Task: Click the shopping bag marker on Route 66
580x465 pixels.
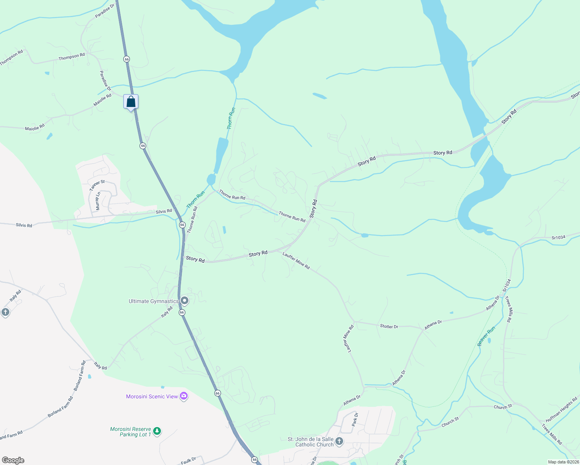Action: click(x=131, y=102)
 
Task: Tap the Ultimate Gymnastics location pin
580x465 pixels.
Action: click(x=185, y=301)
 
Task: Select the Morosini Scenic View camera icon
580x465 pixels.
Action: click(x=184, y=396)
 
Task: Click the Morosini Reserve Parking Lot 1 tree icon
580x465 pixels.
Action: click(x=157, y=431)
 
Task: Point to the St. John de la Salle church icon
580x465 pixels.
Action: click(x=339, y=441)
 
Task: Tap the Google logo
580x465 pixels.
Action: click(x=13, y=460)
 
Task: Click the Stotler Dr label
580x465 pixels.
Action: click(x=389, y=327)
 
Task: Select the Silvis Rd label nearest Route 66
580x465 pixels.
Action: click(x=164, y=212)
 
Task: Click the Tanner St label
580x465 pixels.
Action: click(x=97, y=185)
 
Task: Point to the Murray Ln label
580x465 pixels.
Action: click(x=98, y=201)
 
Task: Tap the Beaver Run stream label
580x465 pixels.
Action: click(x=486, y=336)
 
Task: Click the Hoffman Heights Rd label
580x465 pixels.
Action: click(x=561, y=410)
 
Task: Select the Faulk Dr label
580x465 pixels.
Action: click(x=188, y=461)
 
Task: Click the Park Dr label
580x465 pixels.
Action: click(x=355, y=420)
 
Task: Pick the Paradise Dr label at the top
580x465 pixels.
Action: click(x=105, y=11)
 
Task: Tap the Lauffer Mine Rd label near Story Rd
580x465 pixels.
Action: click(x=296, y=261)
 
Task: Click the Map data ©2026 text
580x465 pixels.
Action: click(x=563, y=462)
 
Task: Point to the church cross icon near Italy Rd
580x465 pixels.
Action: click(x=5, y=312)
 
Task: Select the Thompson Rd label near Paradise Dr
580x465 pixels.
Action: click(x=72, y=57)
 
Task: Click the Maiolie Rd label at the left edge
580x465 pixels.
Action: click(x=35, y=127)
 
